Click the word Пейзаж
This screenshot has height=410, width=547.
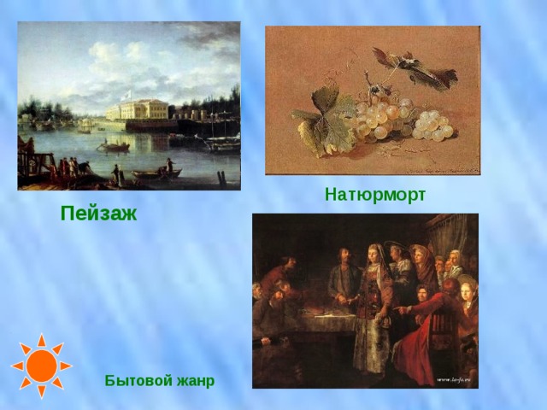[98, 214]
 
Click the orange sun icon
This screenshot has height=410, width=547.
[41, 366]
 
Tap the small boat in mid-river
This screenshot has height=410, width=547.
[113, 147]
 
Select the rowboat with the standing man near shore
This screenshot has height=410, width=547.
[158, 173]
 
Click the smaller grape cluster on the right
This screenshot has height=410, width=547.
[432, 126]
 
